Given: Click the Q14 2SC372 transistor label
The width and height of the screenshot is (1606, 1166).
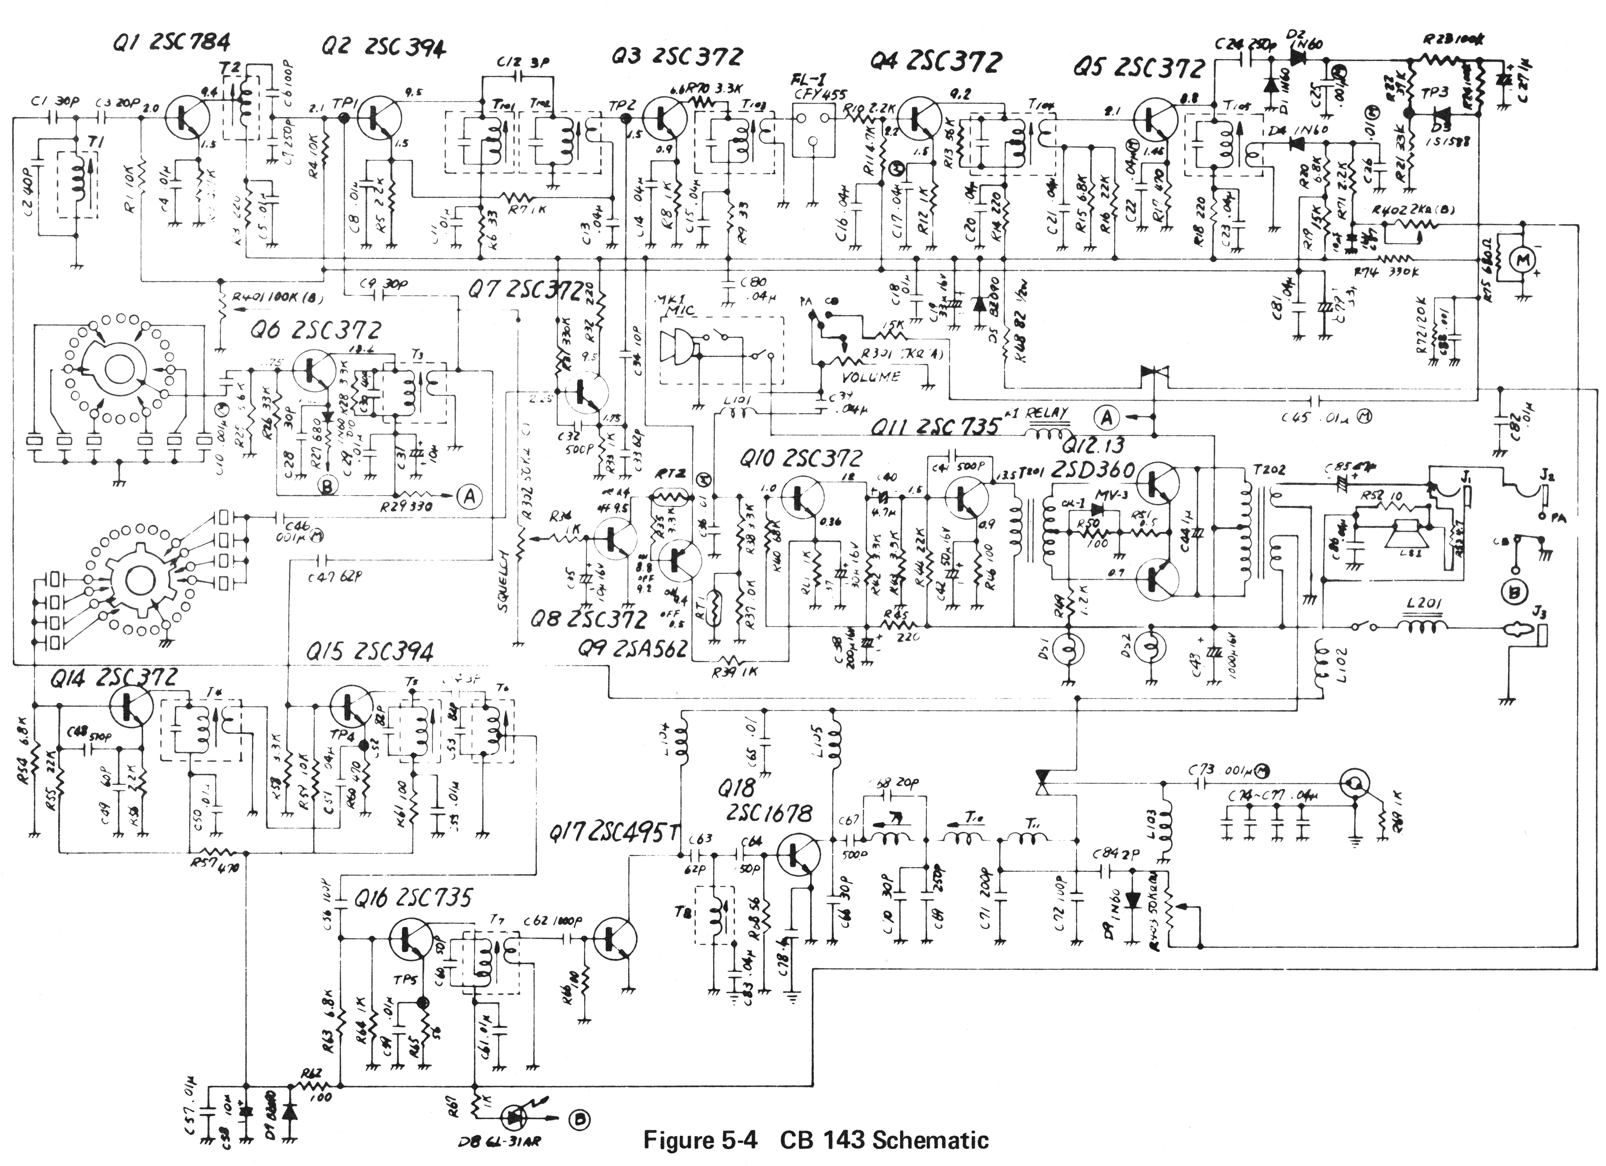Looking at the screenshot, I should [x=113, y=678].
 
